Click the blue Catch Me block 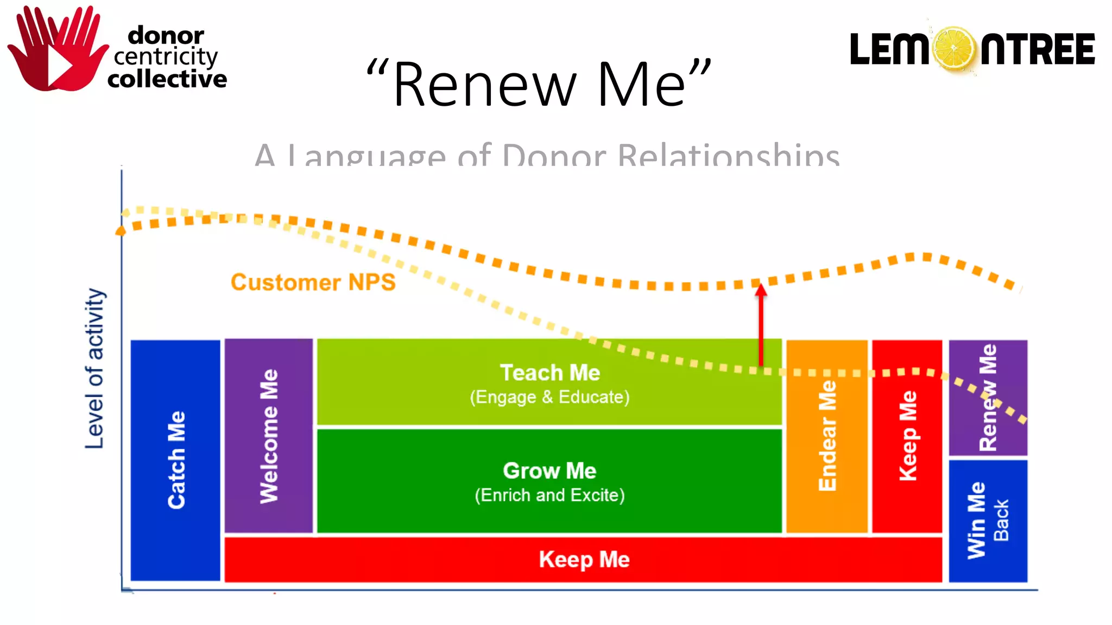(175, 460)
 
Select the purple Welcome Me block (269, 436)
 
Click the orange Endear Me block (827, 436)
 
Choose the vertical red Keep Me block (907, 436)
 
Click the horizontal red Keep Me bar (584, 559)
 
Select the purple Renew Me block (988, 397)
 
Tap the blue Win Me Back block (988, 521)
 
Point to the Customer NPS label (313, 283)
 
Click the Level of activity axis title (94, 369)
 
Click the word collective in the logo (167, 80)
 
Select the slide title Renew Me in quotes (539, 84)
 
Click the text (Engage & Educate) (549, 397)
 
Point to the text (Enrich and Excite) (549, 495)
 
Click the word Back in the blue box (1001, 520)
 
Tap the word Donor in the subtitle (553, 156)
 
